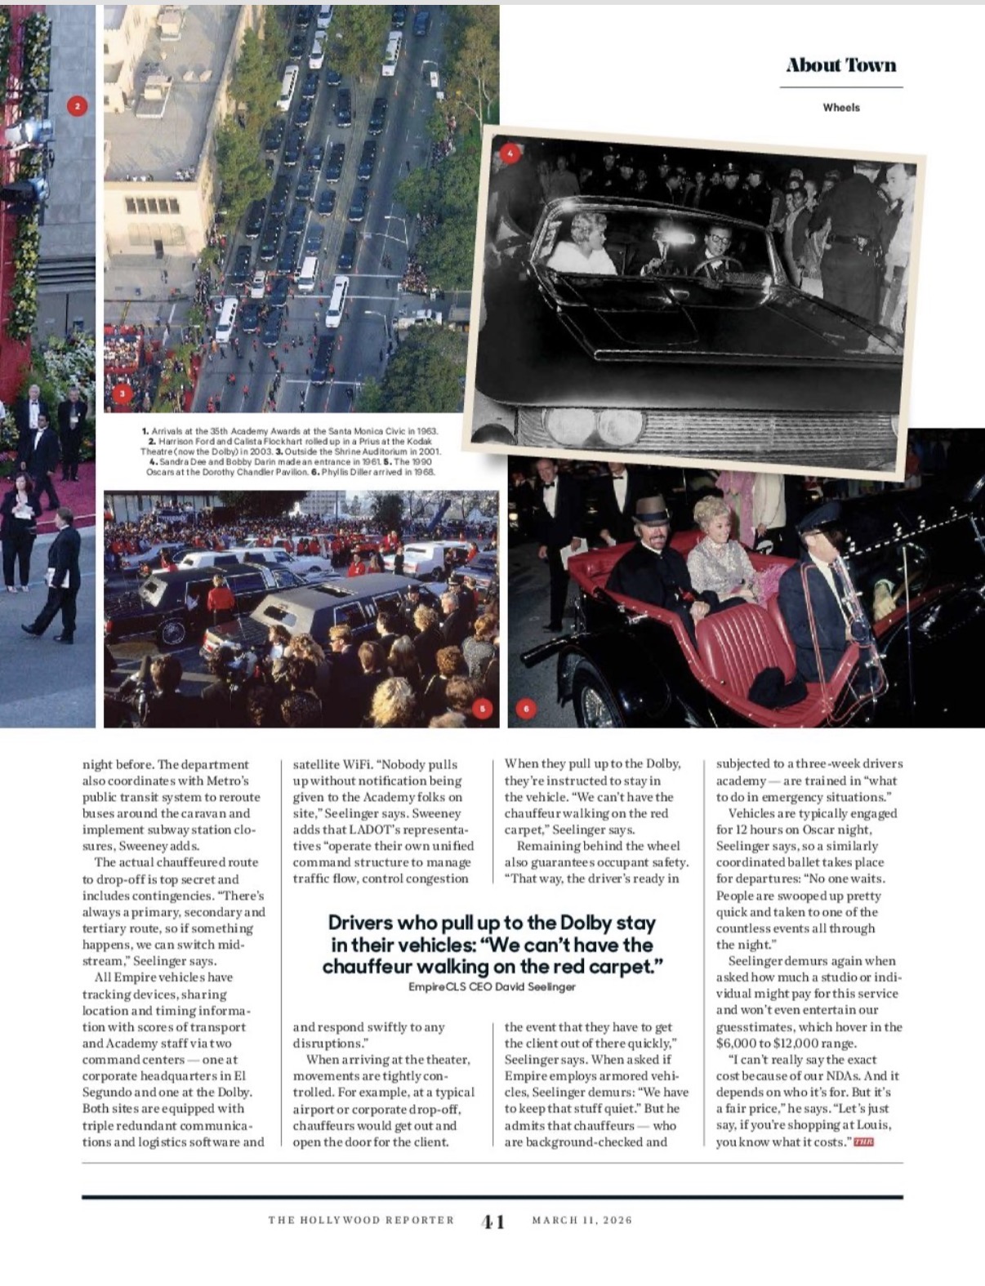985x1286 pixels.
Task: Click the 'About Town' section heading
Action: (840, 65)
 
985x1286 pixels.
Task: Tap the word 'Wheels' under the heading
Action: (840, 107)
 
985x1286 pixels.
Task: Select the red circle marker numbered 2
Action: (77, 106)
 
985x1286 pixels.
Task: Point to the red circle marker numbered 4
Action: (510, 153)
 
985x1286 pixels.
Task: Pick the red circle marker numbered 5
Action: (483, 709)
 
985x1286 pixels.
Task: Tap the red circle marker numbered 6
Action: (525, 709)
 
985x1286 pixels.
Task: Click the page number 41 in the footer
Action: (492, 1221)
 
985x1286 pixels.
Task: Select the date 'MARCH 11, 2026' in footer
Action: (582, 1221)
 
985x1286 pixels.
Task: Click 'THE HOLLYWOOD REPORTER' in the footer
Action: (361, 1221)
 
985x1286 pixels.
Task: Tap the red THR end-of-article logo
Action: (863, 1141)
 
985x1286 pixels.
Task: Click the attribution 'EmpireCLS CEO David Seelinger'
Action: (492, 986)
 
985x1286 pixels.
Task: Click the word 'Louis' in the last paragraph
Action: (872, 1125)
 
